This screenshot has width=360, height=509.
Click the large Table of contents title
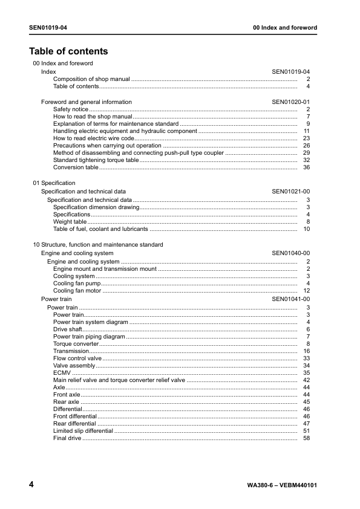(68, 51)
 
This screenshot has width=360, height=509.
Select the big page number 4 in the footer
(31, 485)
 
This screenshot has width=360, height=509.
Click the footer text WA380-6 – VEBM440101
(283, 485)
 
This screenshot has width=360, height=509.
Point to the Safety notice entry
(71, 109)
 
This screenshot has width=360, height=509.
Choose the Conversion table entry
(75, 167)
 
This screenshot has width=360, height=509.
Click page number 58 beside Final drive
(306, 438)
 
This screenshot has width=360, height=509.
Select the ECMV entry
(62, 373)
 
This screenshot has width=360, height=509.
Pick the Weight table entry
(70, 222)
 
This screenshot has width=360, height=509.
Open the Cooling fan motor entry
(77, 291)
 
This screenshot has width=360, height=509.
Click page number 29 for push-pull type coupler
(306, 153)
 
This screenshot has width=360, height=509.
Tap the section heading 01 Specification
(54, 183)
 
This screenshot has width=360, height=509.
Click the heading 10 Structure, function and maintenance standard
(97, 245)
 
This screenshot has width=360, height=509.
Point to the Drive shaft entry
(68, 329)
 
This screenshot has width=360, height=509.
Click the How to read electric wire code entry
(94, 138)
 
